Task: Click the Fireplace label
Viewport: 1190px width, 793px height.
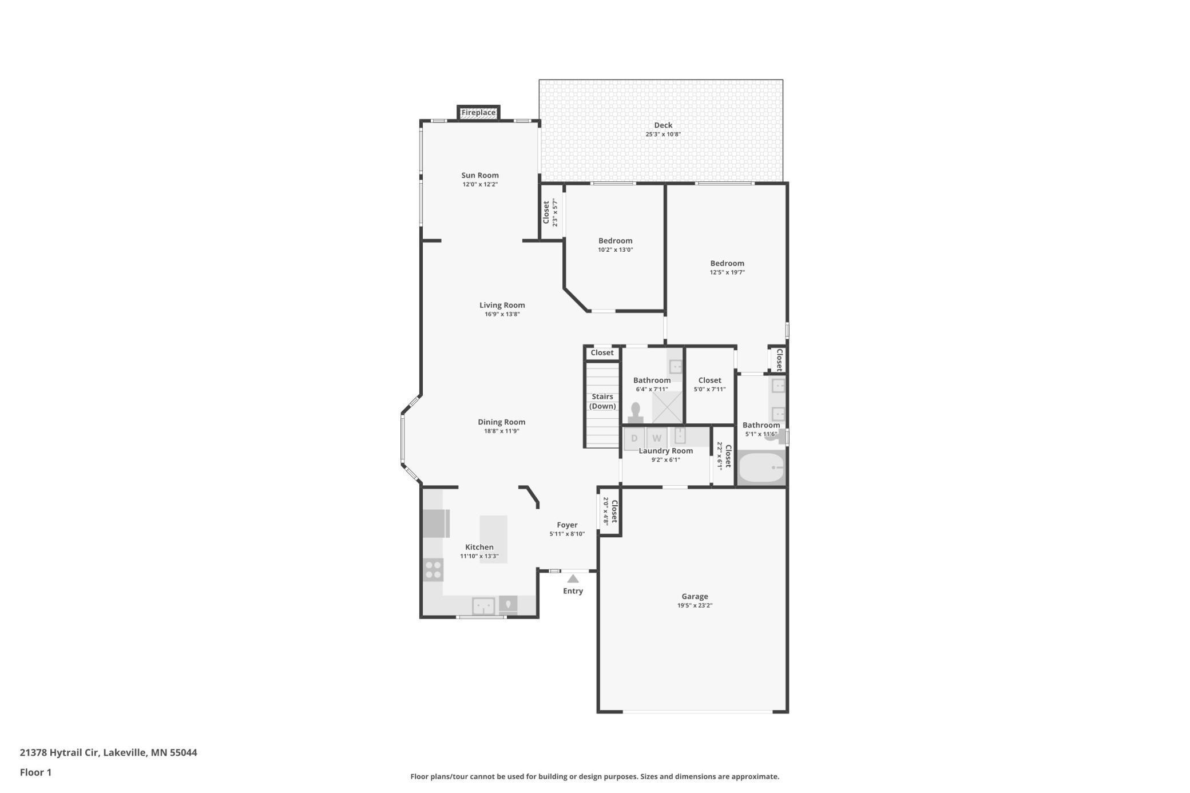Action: (478, 113)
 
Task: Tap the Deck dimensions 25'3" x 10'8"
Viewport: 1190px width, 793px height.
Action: (663, 134)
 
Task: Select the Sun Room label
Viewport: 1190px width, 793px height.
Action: (480, 175)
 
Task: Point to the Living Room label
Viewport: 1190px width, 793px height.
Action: (502, 305)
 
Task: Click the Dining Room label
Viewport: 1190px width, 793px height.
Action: (501, 422)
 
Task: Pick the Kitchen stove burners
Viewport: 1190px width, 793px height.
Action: (433, 570)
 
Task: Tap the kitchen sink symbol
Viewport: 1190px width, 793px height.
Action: (483, 605)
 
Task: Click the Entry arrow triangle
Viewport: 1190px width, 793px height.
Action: (573, 579)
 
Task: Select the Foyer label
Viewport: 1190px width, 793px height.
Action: (567, 525)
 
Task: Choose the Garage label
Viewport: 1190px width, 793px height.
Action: (695, 596)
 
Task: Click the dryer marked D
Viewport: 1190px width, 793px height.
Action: (634, 439)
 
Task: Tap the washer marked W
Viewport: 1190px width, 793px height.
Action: (657, 439)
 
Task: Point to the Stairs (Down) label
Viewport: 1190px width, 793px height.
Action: (602, 401)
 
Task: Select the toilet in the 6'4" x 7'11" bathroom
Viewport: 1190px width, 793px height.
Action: (635, 413)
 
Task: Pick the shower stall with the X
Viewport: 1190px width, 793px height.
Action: (667, 407)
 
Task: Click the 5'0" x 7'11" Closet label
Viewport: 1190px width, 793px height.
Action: (709, 380)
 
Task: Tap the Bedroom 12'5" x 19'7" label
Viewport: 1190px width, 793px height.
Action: (727, 263)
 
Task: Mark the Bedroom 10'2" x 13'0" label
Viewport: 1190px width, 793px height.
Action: (615, 241)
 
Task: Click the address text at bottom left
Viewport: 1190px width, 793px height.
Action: (108, 752)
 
